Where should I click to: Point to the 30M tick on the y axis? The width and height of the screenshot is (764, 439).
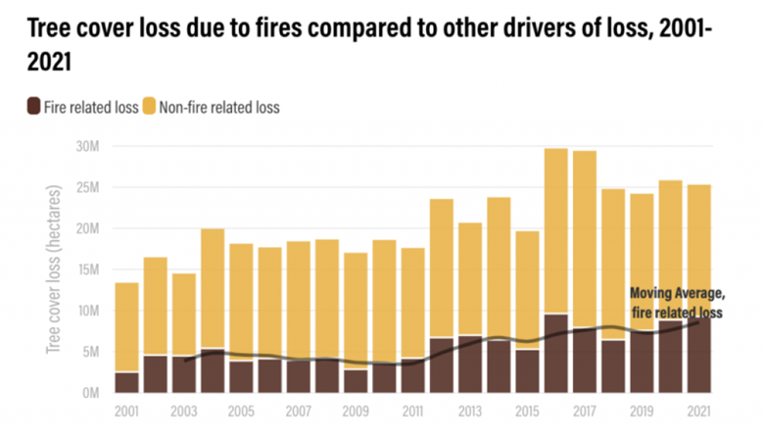click(90, 146)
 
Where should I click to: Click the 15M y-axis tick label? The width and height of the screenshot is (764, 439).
click(90, 269)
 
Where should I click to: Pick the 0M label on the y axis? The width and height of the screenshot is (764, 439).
click(94, 393)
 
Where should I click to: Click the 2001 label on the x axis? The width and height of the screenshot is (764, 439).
click(126, 411)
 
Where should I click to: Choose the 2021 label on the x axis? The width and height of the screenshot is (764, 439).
click(698, 411)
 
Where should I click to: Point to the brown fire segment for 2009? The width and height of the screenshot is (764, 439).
click(356, 381)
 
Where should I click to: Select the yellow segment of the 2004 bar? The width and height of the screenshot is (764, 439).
click(213, 288)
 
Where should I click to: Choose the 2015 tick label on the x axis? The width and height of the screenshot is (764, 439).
click(528, 411)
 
